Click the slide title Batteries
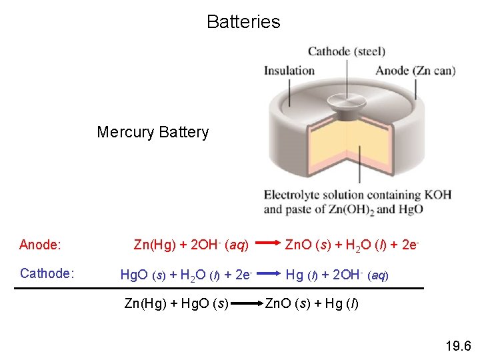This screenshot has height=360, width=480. pos(243,22)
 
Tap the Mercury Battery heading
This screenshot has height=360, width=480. pos(153,132)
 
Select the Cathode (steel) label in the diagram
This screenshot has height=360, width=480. pos(346,51)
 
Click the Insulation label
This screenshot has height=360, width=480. pos(289,71)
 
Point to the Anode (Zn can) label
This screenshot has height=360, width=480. pos(415,71)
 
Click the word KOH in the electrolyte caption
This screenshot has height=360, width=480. pos(437,195)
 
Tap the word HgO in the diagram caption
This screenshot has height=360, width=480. pos(409,209)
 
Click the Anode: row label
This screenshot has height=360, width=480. pos(40,245)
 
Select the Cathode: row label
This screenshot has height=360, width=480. pos(47,273)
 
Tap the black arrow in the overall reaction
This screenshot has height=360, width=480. pos(246,305)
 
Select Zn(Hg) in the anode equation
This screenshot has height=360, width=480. pos(155,245)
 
